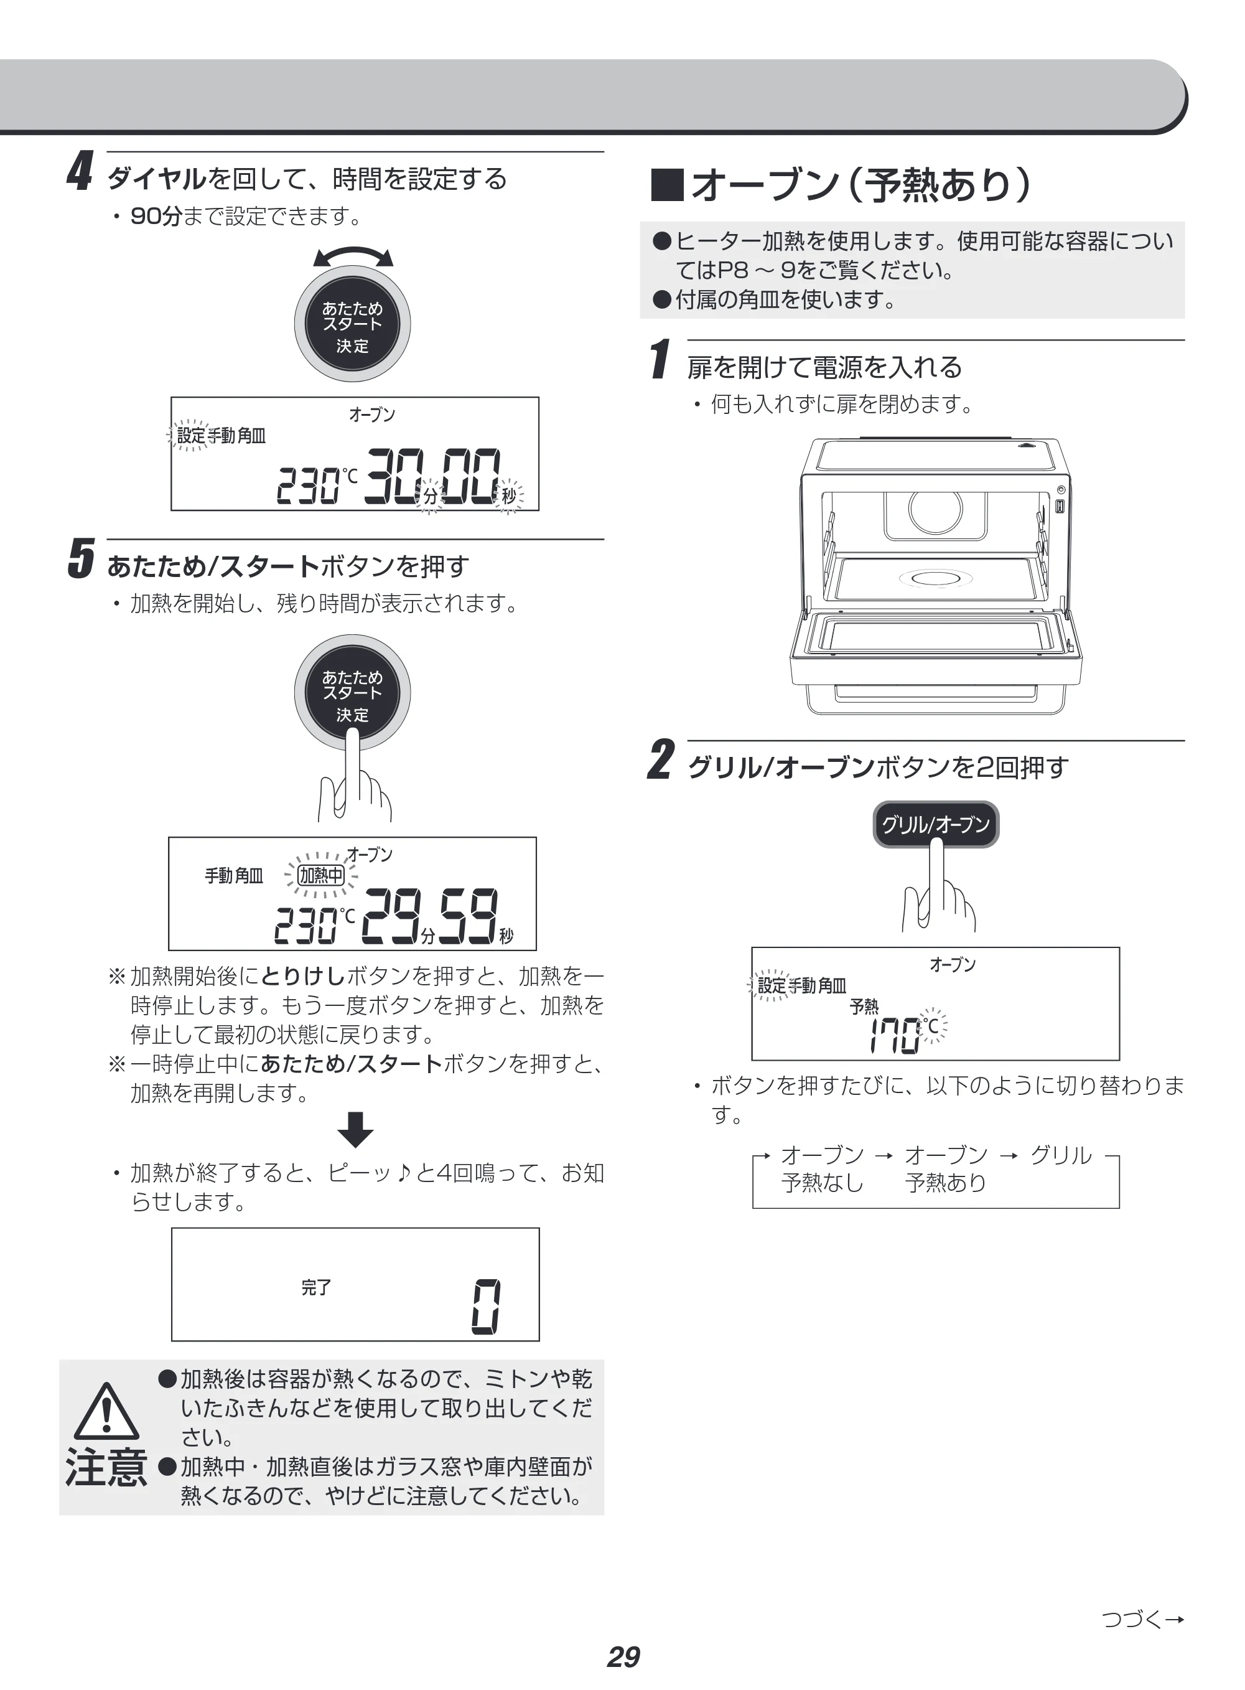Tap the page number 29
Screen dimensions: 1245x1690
pos(623,1656)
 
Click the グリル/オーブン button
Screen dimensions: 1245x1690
pos(935,824)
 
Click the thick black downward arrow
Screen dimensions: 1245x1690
pos(355,1129)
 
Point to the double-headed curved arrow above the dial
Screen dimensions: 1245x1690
pos(353,256)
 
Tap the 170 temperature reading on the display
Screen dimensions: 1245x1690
pos(895,1036)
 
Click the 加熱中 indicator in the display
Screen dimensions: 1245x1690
pos(321,875)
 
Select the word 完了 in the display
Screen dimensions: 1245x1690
pos(316,1287)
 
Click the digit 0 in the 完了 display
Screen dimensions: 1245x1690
pos(486,1307)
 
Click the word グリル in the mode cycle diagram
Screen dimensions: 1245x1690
pos(1060,1155)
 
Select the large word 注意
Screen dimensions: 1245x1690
pos(106,1468)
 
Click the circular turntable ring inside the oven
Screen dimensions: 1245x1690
pos(935,578)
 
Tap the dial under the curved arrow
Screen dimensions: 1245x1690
pos(353,324)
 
